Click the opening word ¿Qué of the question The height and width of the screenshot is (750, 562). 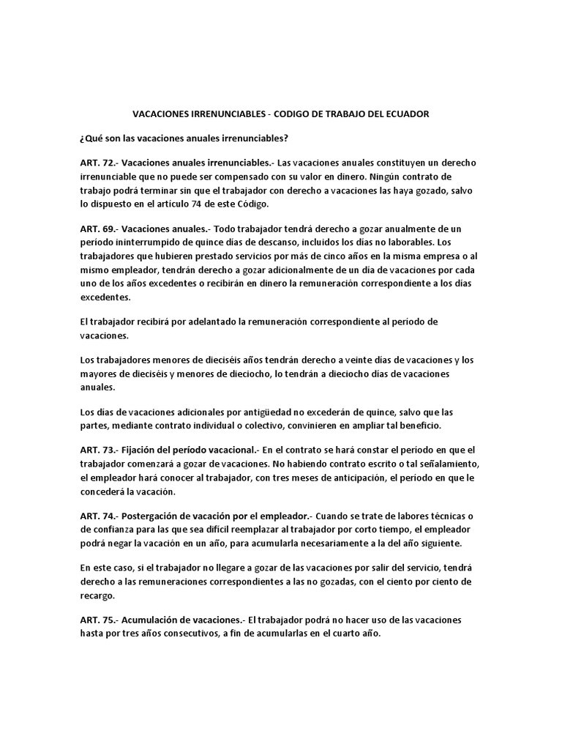pos(91,138)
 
